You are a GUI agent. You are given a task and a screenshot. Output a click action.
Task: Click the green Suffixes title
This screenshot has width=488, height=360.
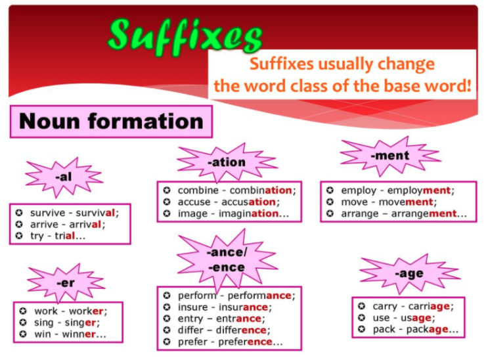click(185, 37)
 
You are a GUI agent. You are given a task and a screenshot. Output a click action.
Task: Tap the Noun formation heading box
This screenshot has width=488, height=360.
click(111, 122)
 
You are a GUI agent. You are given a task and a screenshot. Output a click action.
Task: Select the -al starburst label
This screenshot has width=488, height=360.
click(64, 177)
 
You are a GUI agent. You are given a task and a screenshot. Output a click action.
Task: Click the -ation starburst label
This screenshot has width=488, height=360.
click(227, 162)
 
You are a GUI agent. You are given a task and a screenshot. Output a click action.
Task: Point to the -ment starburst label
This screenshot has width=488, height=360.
click(390, 156)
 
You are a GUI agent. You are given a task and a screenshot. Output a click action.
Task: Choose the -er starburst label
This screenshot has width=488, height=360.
click(66, 283)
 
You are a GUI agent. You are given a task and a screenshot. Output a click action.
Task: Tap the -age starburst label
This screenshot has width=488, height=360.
click(410, 274)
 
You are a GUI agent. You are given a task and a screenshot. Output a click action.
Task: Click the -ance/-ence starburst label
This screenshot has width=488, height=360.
click(227, 259)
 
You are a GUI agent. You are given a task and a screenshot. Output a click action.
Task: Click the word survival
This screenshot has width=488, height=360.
click(95, 213)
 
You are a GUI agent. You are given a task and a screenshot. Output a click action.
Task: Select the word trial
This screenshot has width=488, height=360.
click(65, 236)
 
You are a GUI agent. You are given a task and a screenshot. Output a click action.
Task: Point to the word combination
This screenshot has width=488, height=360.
click(261, 191)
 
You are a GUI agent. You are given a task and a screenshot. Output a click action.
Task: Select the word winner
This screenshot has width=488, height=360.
click(79, 334)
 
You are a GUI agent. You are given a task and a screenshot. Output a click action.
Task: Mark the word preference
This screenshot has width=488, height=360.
click(245, 342)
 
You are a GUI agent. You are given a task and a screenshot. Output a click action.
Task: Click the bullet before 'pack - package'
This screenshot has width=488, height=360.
click(361, 329)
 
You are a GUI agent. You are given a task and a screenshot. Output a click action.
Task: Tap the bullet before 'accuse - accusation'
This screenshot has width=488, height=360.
click(167, 202)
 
